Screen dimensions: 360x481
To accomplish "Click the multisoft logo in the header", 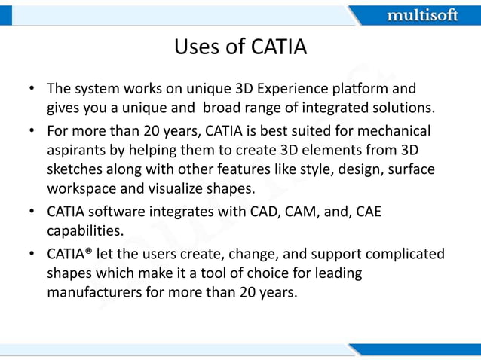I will tap(421, 14).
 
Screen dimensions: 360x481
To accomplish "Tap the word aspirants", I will tap(78, 150).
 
